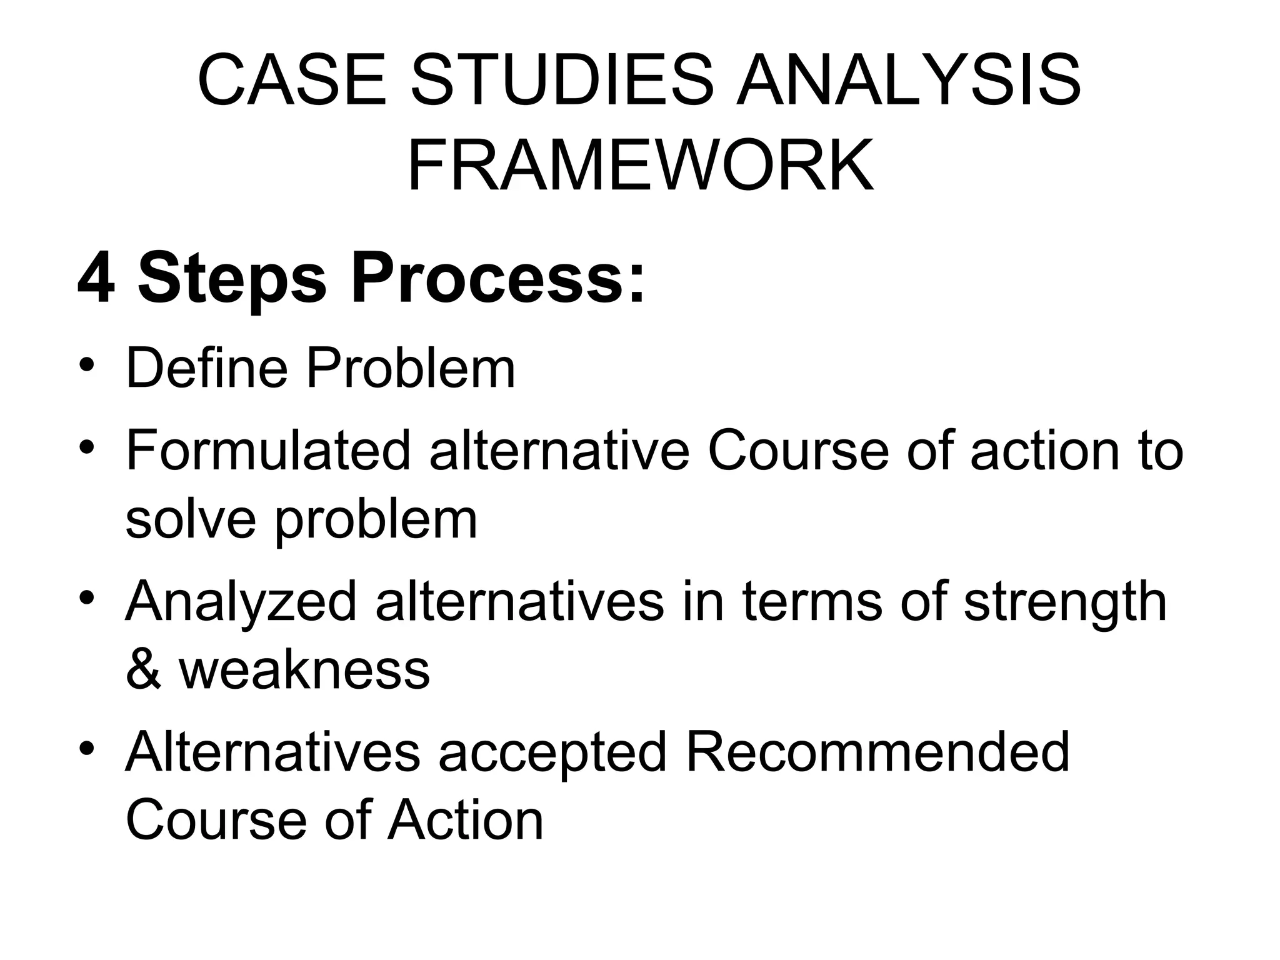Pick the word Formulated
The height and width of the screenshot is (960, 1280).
coord(268,451)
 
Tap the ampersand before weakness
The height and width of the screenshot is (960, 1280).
coord(143,670)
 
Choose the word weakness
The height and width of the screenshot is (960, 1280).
coord(304,670)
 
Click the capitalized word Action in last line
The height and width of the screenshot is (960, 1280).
coord(466,820)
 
